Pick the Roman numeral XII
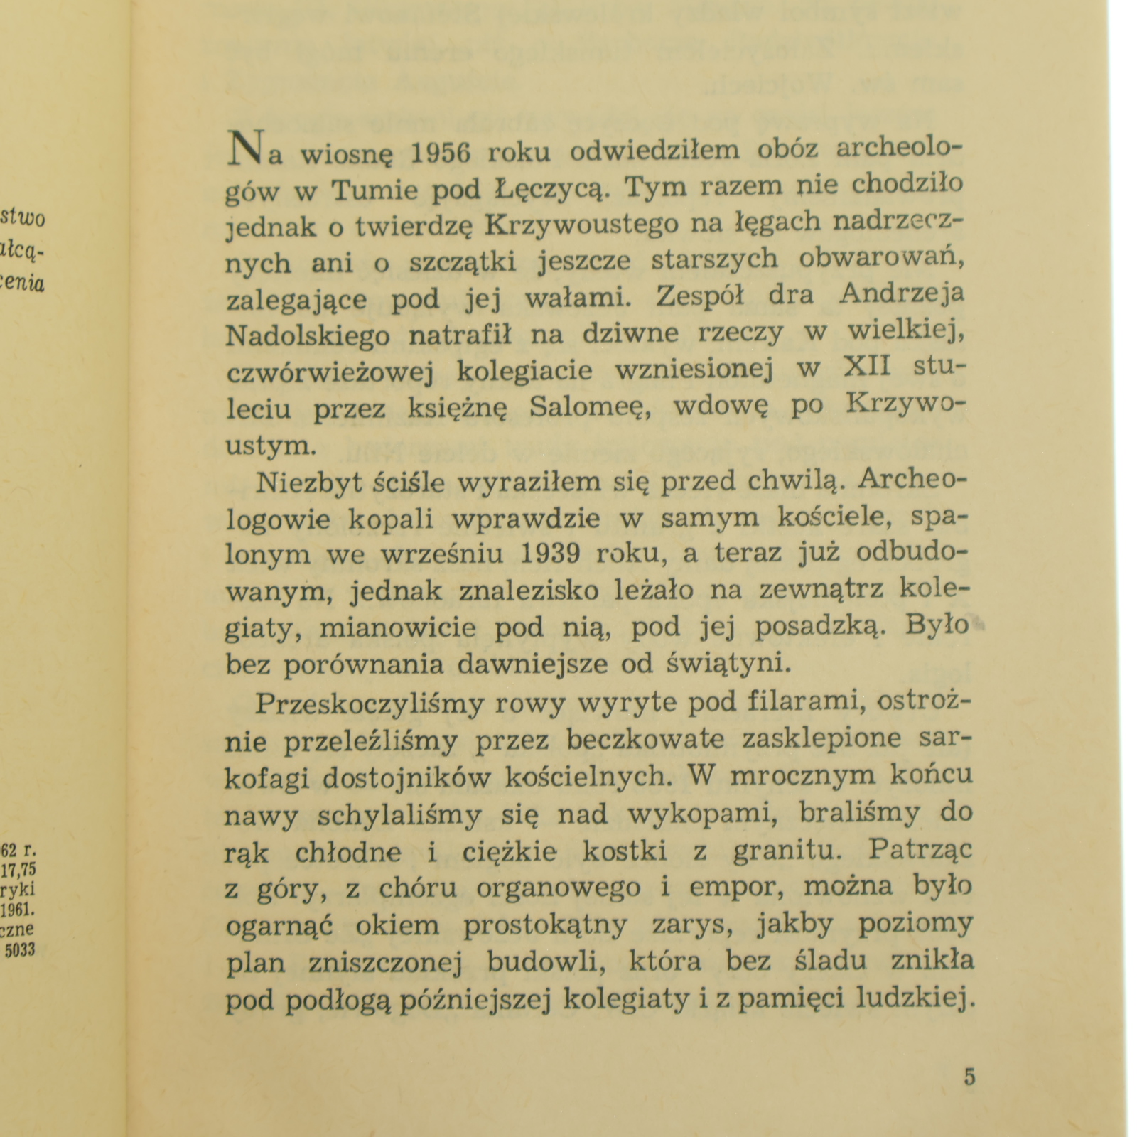pos(868,367)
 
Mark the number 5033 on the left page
pos(20,951)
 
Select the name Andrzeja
pos(902,295)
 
